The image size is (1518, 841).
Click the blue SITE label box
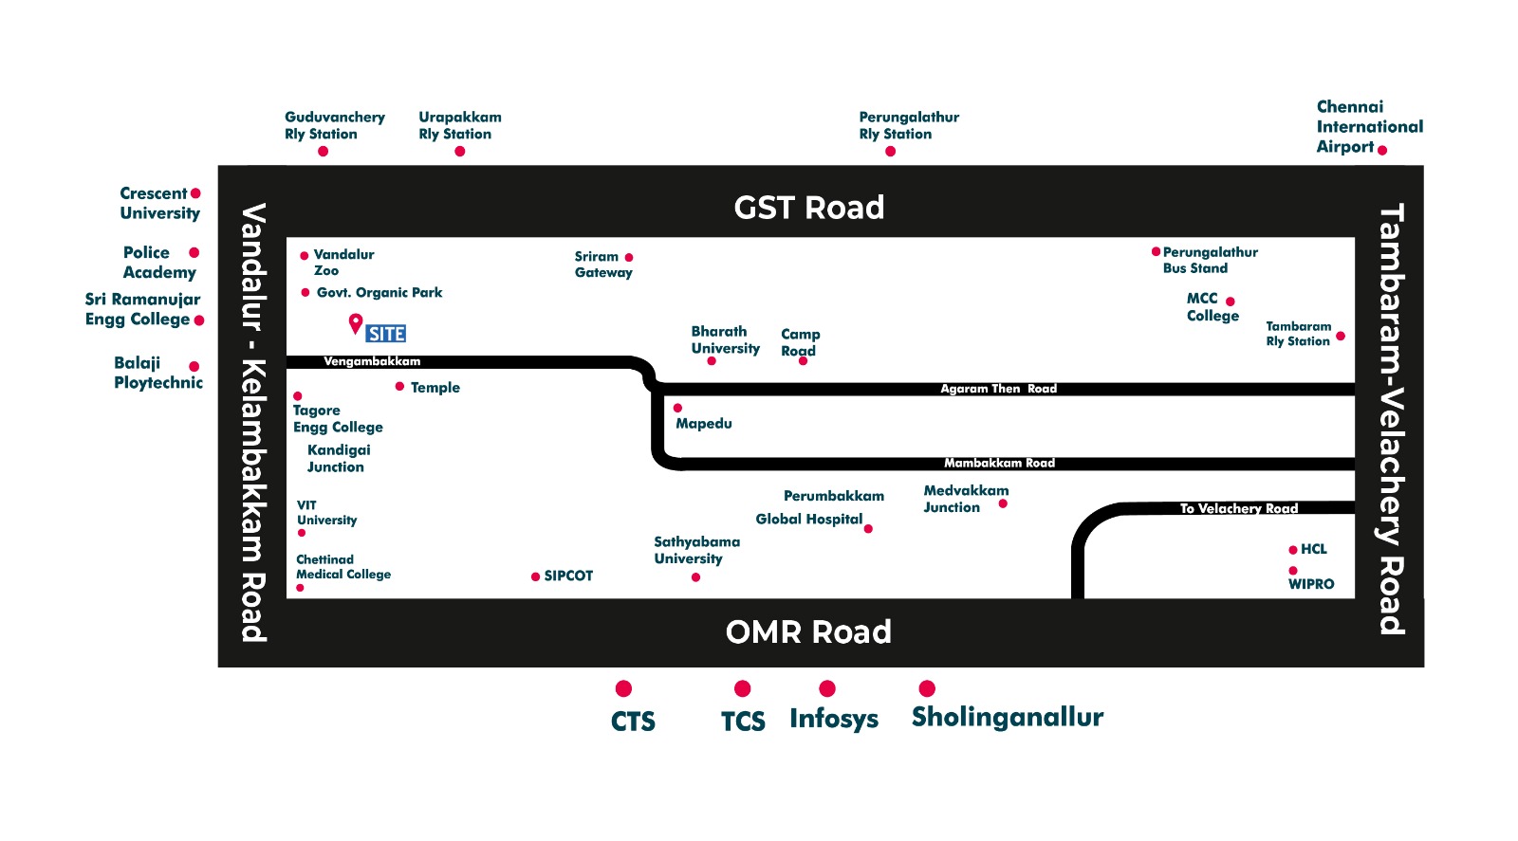pos(386,334)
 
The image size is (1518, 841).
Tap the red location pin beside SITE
pos(356,323)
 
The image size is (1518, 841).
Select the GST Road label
pos(808,208)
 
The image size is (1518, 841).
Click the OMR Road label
pos(808,632)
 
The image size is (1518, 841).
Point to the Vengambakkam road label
pos(372,361)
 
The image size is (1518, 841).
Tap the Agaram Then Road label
pos(998,389)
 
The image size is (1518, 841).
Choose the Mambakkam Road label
pos(999,463)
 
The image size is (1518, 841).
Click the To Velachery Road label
pos(1238,508)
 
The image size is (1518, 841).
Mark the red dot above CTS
pos(623,688)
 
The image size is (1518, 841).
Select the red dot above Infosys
pos(827,688)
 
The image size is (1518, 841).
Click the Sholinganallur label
pos(1008,717)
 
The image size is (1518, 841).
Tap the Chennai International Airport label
pos(1369,126)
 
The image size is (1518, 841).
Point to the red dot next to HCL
pos(1293,550)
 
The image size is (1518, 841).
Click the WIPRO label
pos(1311,584)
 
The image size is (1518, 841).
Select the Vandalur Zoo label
pos(343,262)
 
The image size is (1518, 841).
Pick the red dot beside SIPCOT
pos(535,576)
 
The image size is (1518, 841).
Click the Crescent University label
pos(159,203)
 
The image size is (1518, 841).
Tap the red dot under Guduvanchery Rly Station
pos(323,152)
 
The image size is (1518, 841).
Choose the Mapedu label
pos(704,424)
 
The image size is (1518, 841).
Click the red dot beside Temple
pos(400,387)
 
